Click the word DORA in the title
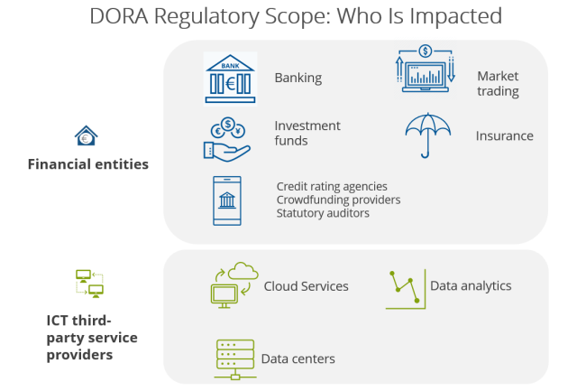coord(119,16)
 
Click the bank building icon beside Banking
coord(231,79)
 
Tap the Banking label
coord(298,79)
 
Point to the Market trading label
coord(498,84)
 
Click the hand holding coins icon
coord(227,139)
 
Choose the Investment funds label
coord(307,133)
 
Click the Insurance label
coord(505,136)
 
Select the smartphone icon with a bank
coord(227,200)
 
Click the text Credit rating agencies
coord(332,187)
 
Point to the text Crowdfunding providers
coord(339,200)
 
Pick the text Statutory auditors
coord(323,213)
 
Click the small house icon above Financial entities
coord(87,136)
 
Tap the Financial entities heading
coord(88,164)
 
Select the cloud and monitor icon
coord(234,285)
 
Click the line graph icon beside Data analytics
coord(406,289)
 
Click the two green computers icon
coord(89,284)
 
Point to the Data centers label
coord(298,358)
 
